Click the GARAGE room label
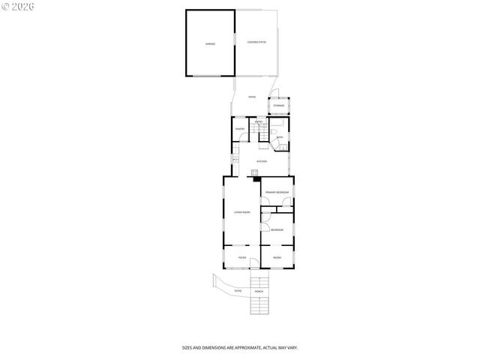point(211,43)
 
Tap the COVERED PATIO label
point(256,42)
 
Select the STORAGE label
point(278,106)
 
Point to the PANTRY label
point(240,129)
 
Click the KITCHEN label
point(262,161)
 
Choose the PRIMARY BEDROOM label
point(277,193)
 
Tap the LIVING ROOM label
point(241,212)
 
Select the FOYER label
point(241,257)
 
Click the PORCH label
point(259,291)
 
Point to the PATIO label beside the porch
point(238,291)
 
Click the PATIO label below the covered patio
point(252,97)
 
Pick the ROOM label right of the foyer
point(277,257)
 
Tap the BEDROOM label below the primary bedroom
point(277,229)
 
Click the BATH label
point(279,137)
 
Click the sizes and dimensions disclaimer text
point(240,347)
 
